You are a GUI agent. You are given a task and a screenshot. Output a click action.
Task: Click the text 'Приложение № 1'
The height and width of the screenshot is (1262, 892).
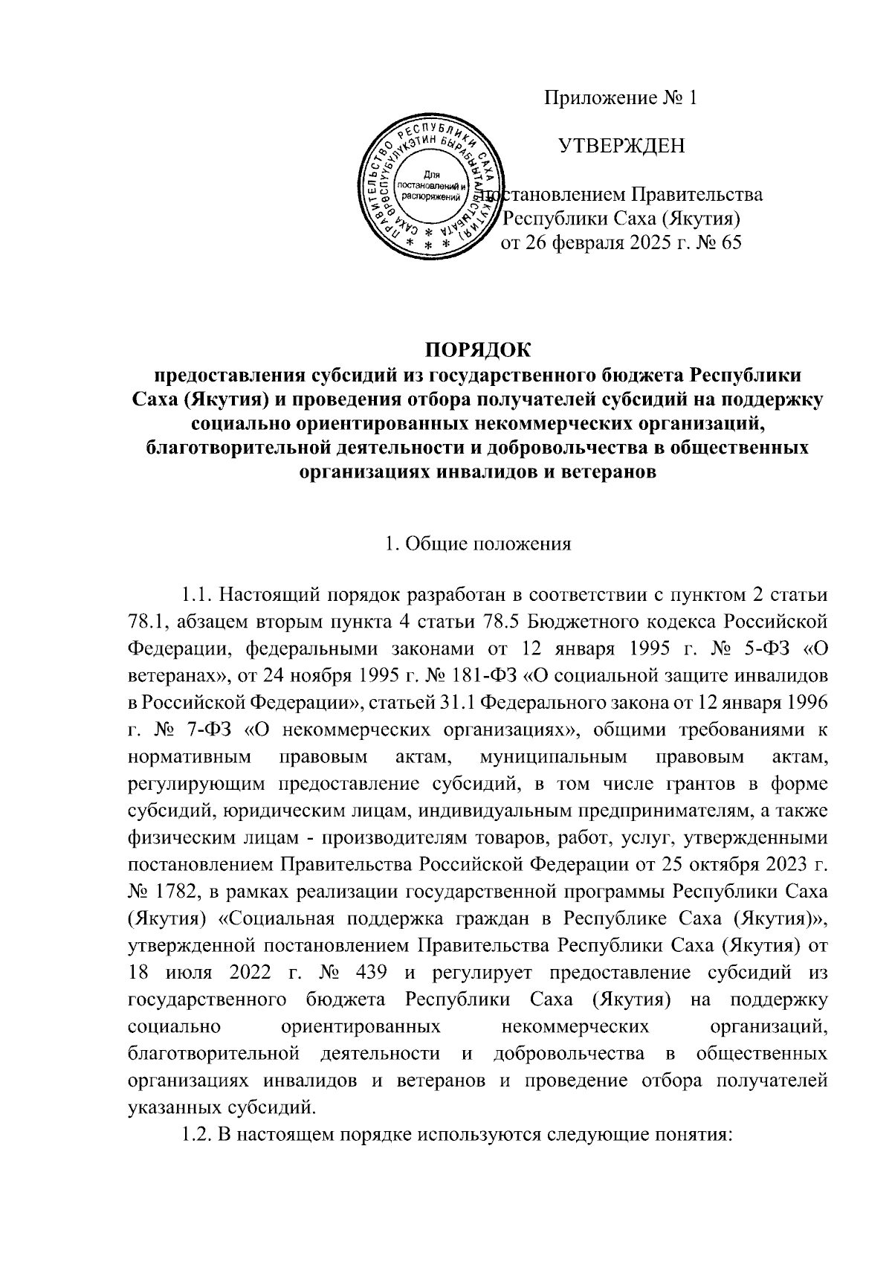pyautogui.click(x=621, y=98)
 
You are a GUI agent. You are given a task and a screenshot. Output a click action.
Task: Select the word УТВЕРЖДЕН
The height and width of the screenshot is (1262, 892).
pyautogui.click(x=621, y=147)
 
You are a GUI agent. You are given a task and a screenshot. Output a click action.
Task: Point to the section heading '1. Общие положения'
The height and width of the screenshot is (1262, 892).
pyautogui.click(x=478, y=544)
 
